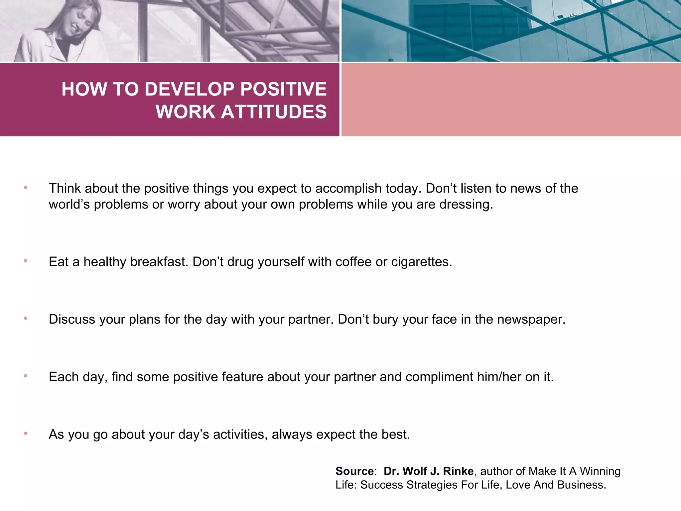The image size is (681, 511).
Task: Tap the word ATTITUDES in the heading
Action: coord(274,111)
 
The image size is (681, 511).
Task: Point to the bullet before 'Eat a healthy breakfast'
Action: coord(26,261)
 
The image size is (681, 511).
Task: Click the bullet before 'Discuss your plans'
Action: coord(26,319)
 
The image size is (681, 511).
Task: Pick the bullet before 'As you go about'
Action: coord(26,433)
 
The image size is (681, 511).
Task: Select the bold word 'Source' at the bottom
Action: coord(354,471)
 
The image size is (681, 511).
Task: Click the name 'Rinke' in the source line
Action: coord(458,471)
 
